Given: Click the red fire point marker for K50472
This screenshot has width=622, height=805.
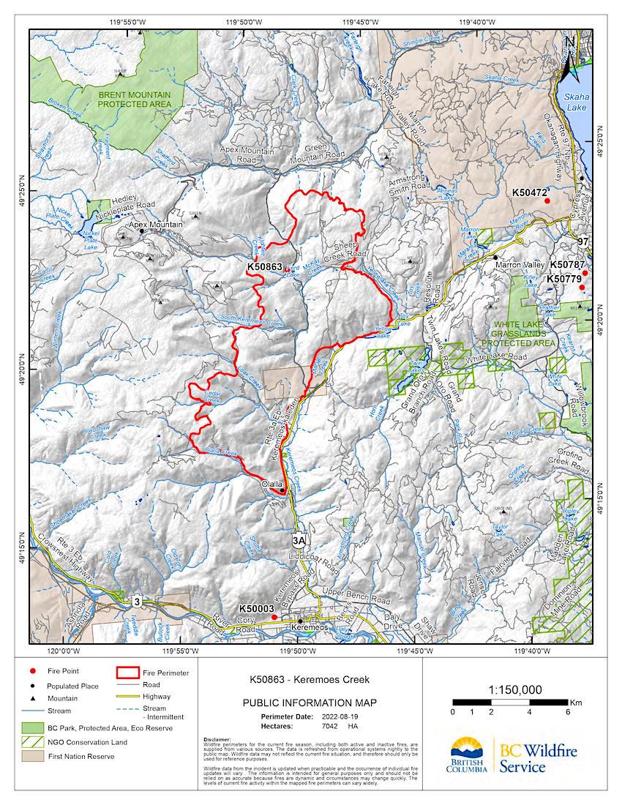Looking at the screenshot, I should pyautogui.click(x=547, y=201).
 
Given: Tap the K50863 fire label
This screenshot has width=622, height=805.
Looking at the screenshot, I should pyautogui.click(x=264, y=267).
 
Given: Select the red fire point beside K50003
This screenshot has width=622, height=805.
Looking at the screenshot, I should pyautogui.click(x=274, y=617).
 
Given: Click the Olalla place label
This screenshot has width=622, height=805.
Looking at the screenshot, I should pyautogui.click(x=272, y=484).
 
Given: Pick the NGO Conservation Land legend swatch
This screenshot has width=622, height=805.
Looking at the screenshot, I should pyautogui.click(x=33, y=744).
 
